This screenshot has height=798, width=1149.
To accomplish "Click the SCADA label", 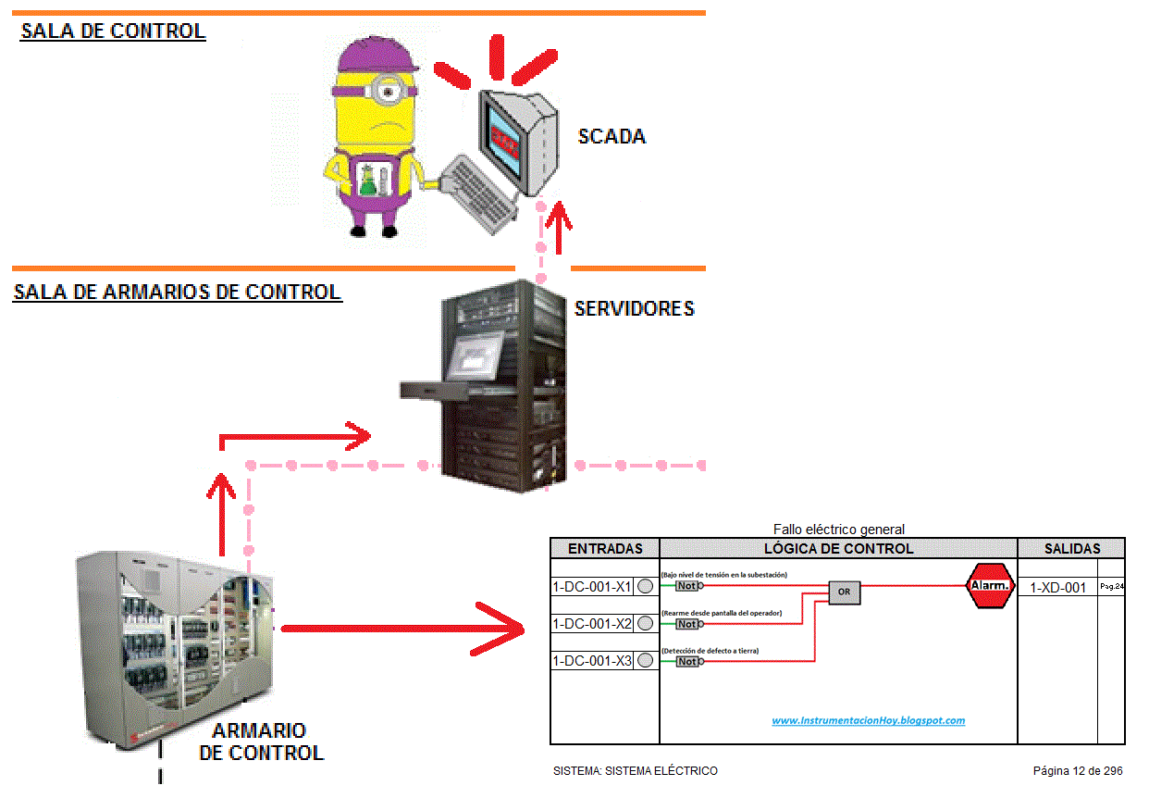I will click(612, 137).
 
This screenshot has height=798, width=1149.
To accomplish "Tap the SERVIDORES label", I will click(634, 308).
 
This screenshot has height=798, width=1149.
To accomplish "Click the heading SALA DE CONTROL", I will click(113, 31).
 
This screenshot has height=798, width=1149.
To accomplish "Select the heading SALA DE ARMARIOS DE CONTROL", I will click(177, 292).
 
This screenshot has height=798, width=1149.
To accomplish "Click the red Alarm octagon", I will click(992, 585).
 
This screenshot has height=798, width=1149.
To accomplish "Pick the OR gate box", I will click(844, 592).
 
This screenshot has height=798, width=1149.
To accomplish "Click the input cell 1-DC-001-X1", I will click(592, 586).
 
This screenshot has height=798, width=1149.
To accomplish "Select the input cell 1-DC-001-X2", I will click(592, 624).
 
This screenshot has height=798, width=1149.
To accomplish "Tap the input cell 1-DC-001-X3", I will click(592, 661).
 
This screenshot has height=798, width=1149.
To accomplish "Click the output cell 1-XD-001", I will click(1057, 587).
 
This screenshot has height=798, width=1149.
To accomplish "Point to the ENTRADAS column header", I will click(604, 548).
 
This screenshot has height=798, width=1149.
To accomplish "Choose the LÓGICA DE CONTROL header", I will click(838, 548).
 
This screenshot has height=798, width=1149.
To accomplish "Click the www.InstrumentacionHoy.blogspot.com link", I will click(868, 720).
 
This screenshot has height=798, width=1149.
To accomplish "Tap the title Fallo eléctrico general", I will click(838, 530).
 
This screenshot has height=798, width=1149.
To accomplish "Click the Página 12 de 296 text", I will click(1078, 770).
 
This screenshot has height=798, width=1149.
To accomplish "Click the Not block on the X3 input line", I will click(687, 661).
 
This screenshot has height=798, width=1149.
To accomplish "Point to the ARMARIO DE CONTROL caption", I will click(261, 742).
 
